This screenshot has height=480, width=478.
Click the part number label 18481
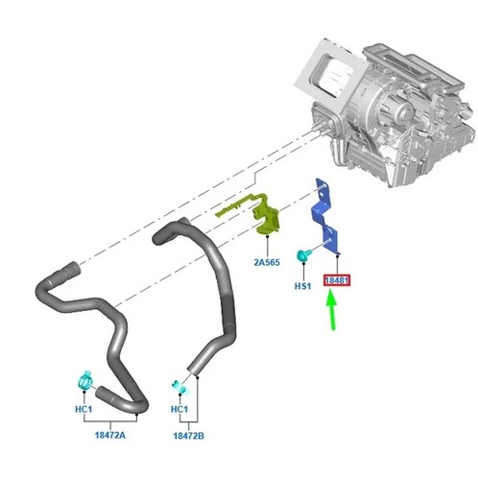(337, 280)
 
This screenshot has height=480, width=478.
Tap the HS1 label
(302, 286)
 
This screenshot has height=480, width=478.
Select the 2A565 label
(267, 262)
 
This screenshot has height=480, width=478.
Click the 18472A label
(110, 435)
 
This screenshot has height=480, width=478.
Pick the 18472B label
(189, 436)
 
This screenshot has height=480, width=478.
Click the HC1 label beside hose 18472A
(84, 409)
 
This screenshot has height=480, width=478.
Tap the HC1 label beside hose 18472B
(179, 409)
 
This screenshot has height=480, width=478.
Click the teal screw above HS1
(302, 256)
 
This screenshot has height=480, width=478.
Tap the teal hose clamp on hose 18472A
(85, 381)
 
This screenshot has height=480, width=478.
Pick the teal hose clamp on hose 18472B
(179, 387)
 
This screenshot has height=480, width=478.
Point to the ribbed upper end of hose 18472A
(70, 271)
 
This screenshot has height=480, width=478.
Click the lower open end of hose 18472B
(194, 369)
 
